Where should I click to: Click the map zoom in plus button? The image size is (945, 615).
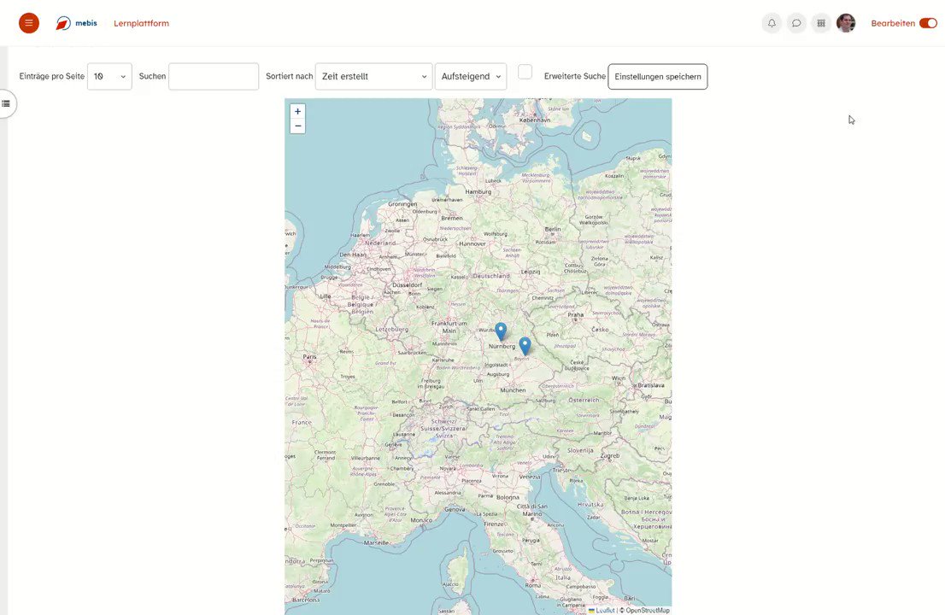coord(297,111)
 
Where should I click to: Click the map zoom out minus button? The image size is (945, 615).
coord(297,126)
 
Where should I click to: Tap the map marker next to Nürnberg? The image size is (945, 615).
coord(501,331)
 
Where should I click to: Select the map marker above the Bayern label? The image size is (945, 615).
coord(525,346)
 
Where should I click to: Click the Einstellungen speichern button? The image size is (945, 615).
coord(657,76)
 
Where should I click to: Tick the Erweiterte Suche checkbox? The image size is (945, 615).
coord(525,73)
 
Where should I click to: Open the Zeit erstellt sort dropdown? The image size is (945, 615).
coord(373,76)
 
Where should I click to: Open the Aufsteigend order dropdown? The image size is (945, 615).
coord(470,76)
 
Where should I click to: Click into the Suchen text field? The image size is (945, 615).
coord(214,76)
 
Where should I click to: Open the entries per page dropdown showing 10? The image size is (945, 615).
coord(109,76)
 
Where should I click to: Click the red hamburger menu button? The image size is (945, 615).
coord(29,23)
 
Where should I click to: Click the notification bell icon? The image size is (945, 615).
coord(772,23)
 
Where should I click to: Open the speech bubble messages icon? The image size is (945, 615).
coord(796,23)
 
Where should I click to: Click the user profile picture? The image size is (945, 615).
coord(846,23)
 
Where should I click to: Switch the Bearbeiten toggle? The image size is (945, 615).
coord(928,23)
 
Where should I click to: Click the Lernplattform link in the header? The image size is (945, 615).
coord(141,23)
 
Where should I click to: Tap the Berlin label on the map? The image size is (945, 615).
coord(553,229)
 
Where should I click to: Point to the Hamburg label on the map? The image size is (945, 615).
coord(478,191)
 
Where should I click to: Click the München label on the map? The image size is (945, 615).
coord(513,389)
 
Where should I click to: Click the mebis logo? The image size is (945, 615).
coord(77,23)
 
